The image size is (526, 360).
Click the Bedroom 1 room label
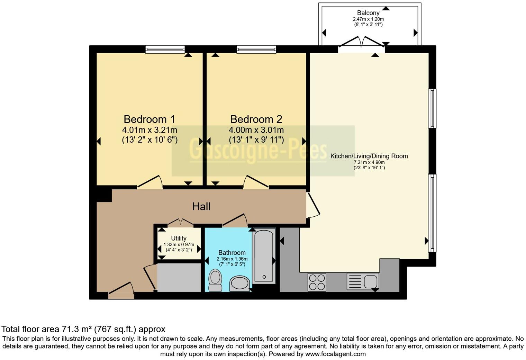coord(149,119)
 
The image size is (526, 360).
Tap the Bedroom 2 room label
coord(256,119)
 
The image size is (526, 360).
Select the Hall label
coord(201,207)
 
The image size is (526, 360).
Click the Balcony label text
coord(368,13)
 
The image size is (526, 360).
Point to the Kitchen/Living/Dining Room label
coord(369,156)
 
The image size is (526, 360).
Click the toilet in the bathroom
coord(215,280)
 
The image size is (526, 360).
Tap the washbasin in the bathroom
coord(239,283)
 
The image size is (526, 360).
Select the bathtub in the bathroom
coord(264,256)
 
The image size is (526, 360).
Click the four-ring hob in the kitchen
coord(317,282)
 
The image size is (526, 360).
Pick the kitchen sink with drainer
coord(363,281)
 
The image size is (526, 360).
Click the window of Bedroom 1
coord(165,49)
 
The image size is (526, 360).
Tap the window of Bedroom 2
coord(256,49)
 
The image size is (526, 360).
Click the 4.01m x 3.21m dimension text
coord(149,130)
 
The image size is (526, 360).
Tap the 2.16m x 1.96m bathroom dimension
coord(232,259)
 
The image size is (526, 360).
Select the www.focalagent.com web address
coord(335,354)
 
